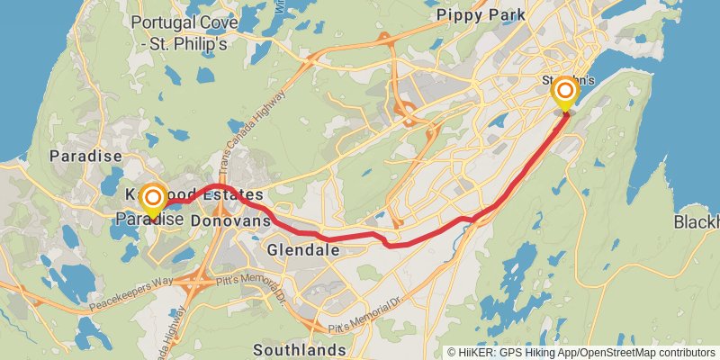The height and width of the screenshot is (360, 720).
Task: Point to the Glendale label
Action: click(303, 249)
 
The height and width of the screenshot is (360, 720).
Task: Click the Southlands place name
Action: click(300, 349)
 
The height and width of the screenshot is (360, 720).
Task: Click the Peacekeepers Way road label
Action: click(130, 292)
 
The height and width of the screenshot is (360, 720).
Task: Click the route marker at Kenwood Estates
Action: click(153, 198)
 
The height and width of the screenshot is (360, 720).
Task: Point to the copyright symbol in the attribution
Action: click(452, 353)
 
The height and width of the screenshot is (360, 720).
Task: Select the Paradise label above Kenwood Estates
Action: click(79, 156)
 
